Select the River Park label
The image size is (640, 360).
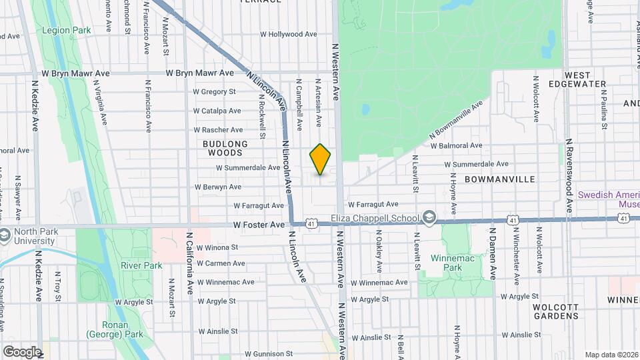pyautogui.click(x=141, y=265)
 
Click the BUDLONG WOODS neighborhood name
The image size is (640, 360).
pyautogui.click(x=227, y=148)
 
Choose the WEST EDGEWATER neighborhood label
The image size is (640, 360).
pyautogui.click(x=586, y=79)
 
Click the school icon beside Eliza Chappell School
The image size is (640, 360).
pyautogui.click(x=429, y=218)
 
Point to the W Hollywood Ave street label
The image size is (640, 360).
pyautogui.click(x=289, y=34)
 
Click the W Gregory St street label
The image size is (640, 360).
pyautogui.click(x=215, y=92)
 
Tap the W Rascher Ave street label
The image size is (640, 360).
pyautogui.click(x=218, y=130)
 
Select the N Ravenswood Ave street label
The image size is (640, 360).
pyautogui.click(x=569, y=176)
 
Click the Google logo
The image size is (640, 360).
pyautogui.click(x=22, y=351)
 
